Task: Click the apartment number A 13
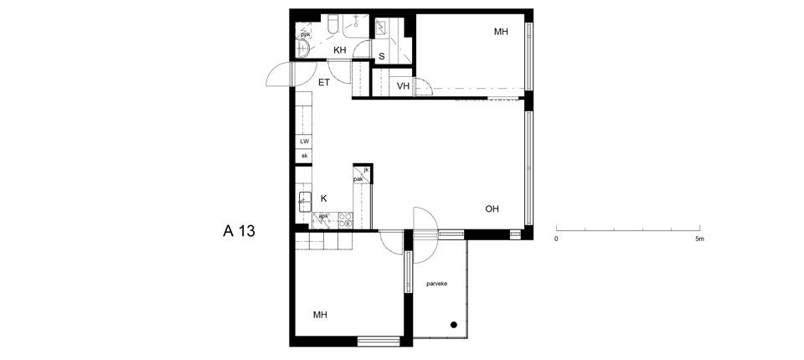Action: (239, 231)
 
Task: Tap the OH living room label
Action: (492, 208)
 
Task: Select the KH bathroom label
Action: (340, 50)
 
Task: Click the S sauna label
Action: (382, 56)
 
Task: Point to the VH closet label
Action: (404, 86)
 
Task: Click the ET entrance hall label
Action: (324, 82)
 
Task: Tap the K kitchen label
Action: (323, 198)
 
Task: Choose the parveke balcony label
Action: (437, 283)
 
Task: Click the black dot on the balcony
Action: (454, 325)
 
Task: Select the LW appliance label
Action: (305, 141)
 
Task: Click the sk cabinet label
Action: (305, 156)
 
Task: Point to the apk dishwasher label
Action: (323, 216)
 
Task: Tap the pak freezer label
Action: (358, 179)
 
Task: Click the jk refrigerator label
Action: (366, 170)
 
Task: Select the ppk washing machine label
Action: (305, 35)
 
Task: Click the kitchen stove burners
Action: (346, 219)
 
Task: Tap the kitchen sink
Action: (305, 201)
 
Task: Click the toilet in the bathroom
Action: (332, 24)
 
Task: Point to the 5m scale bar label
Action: (699, 239)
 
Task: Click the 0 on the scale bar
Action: (556, 239)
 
